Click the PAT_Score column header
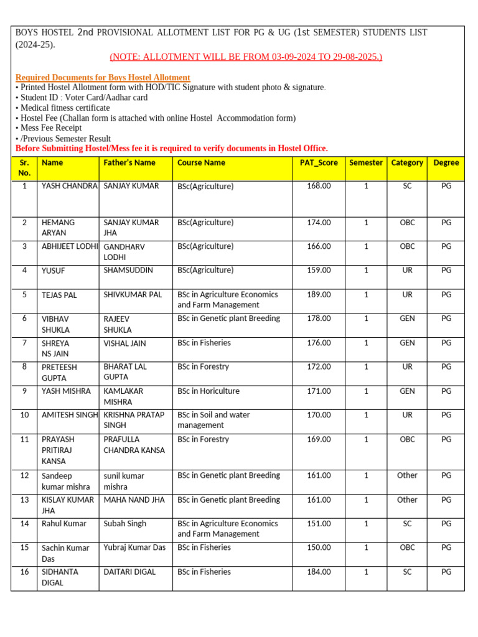click(x=318, y=163)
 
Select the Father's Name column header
click(x=129, y=163)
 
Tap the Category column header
click(x=407, y=163)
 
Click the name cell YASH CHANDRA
click(x=69, y=186)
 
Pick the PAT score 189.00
click(x=319, y=295)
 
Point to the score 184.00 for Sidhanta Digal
click(x=319, y=572)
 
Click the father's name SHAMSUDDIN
click(x=128, y=271)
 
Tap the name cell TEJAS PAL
click(x=59, y=295)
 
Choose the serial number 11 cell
click(x=24, y=439)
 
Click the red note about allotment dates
click(x=246, y=57)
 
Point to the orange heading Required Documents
click(x=103, y=78)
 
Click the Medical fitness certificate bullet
click(x=62, y=108)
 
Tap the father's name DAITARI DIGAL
click(x=129, y=572)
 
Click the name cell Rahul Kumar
click(x=64, y=524)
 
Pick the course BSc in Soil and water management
click(x=213, y=420)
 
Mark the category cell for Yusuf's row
click(x=407, y=271)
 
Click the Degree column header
click(x=446, y=163)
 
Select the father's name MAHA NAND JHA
click(x=134, y=500)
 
